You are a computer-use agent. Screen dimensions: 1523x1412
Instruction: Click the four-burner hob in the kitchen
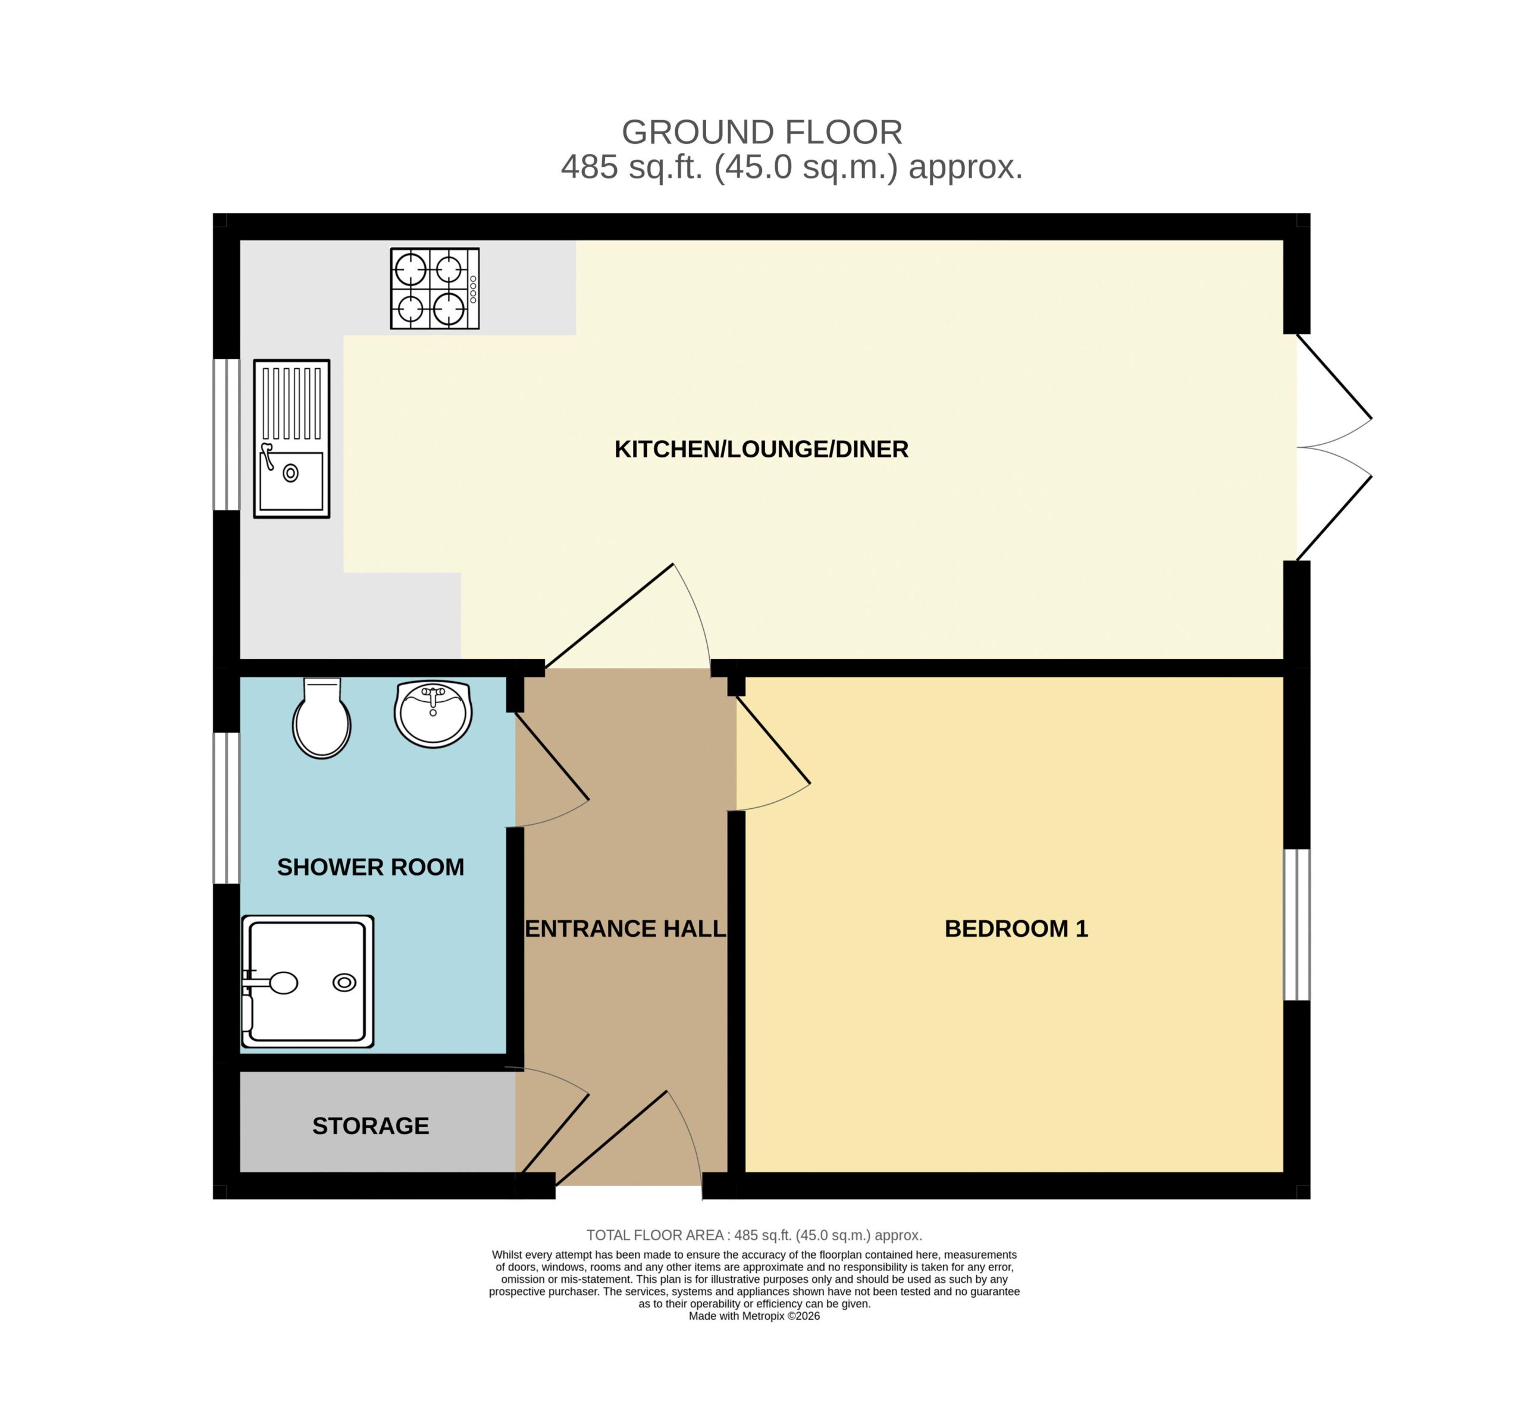point(434,288)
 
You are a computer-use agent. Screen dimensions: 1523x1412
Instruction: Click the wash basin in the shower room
point(433,713)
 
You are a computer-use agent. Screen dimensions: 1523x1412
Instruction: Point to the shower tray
point(307,981)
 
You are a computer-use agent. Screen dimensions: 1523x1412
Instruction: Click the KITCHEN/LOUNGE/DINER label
point(761,449)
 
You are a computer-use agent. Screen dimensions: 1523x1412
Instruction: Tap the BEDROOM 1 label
point(1016,928)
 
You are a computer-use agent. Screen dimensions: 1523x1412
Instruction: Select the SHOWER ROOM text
point(370,867)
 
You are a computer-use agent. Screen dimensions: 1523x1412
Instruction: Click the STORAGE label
point(371,1125)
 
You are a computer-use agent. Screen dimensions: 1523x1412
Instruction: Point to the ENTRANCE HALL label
point(625,928)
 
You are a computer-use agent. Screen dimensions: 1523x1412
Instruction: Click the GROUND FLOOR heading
point(762,132)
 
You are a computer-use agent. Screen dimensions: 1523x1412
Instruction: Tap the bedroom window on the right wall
point(1296,924)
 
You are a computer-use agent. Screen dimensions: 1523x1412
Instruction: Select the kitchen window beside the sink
point(226,434)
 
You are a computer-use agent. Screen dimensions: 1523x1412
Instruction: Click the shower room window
point(226,808)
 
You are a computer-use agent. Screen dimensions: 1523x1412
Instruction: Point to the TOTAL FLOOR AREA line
point(754,1235)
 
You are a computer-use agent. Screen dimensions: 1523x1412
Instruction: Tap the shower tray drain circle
point(344,983)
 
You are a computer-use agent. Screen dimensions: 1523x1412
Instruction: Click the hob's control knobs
point(473,289)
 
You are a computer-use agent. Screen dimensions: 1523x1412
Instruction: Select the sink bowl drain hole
point(290,473)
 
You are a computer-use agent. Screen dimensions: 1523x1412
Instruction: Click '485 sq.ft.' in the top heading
point(631,167)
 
